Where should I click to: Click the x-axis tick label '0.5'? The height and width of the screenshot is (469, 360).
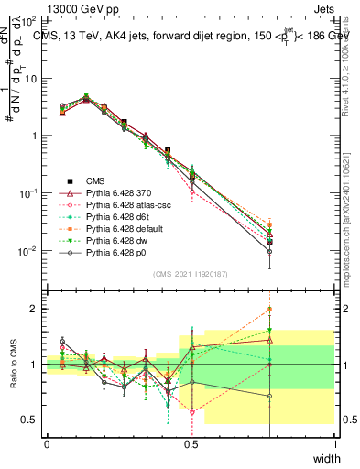point(191,443)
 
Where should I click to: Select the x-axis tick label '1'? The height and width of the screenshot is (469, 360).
point(334,443)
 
